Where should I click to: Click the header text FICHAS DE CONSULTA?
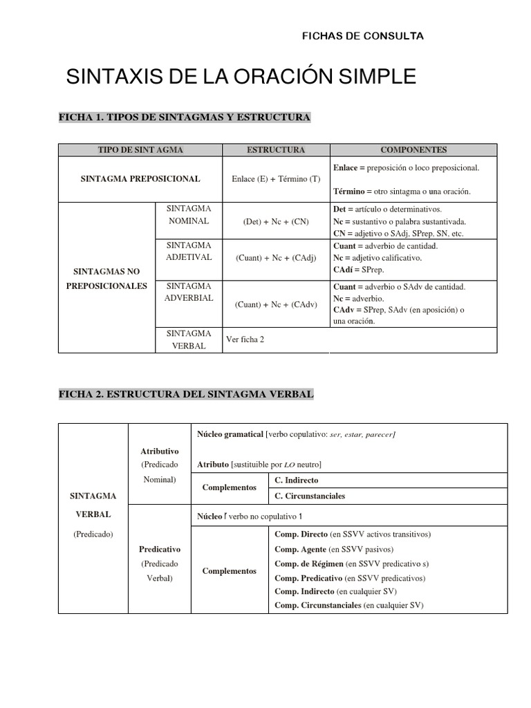click(363, 36)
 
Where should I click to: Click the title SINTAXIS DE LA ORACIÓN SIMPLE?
click(241, 77)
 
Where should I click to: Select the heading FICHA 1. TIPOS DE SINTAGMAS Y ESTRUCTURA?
click(185, 118)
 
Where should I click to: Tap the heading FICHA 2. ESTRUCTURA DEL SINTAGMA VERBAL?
click(186, 394)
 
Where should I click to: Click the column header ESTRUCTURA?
click(276, 150)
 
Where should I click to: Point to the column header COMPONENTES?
click(413, 150)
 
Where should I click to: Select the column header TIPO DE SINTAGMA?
click(140, 150)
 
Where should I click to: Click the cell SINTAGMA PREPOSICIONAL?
click(140, 178)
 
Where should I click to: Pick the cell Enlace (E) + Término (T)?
click(276, 179)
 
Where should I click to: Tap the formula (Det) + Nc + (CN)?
click(276, 222)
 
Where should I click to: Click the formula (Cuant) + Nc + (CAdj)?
click(276, 258)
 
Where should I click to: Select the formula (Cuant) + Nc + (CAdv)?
click(276, 304)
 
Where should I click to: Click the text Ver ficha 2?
click(245, 339)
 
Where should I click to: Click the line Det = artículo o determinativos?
click(387, 209)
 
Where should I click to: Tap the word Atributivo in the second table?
click(159, 451)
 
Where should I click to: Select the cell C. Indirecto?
click(297, 480)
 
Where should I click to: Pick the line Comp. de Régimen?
click(352, 563)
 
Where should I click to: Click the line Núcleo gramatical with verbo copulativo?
click(297, 434)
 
